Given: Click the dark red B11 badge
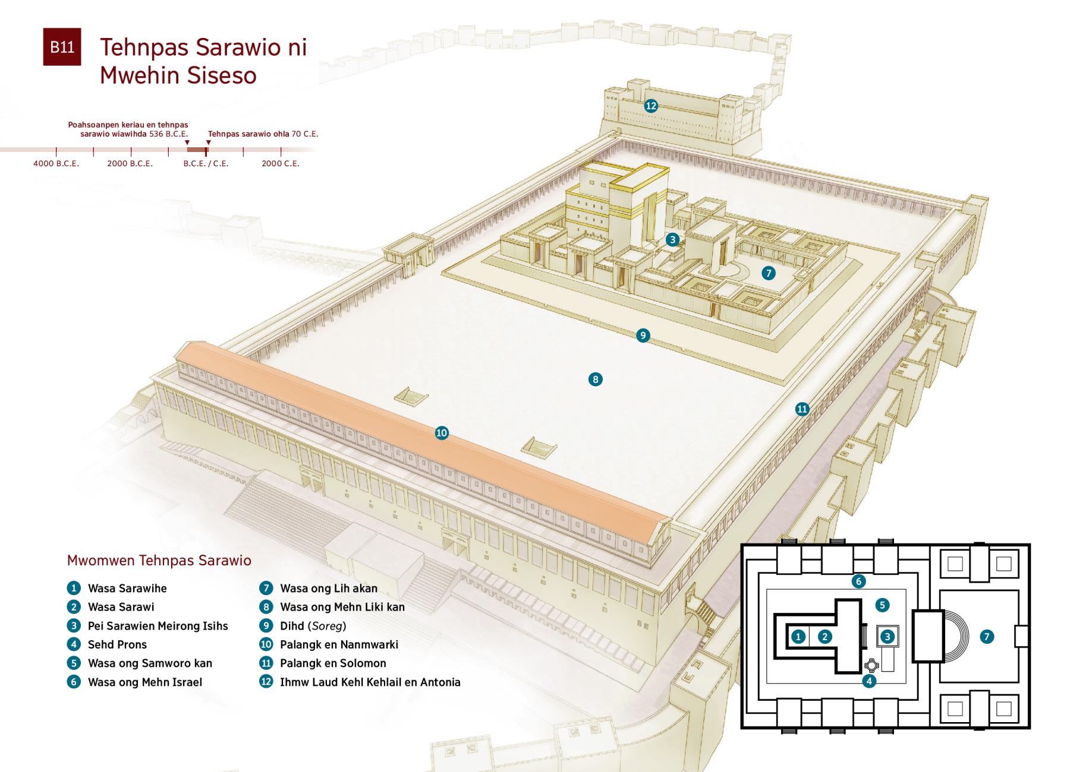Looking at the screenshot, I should coord(62,47).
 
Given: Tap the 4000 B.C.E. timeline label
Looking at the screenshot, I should coord(56,163).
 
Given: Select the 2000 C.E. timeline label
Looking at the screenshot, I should coord(281,163).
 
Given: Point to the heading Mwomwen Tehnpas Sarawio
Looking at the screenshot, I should coord(159,561).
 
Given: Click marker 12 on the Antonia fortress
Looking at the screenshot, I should coord(651,106).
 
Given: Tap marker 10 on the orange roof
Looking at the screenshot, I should coord(442,433).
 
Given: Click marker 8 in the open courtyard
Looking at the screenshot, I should coord(595,379).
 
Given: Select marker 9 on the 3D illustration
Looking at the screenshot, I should coord(643,336).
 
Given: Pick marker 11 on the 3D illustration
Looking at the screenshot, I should coord(802,409).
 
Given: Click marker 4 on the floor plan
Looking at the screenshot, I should coord(869,681).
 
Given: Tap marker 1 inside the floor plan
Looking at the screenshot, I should coord(798,637).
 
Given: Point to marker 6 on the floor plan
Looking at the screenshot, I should coord(858,581).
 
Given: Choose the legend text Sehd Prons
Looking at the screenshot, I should coord(117,645).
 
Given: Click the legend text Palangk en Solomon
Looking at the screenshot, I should coord(333,663).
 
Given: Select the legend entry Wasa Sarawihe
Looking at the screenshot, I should coord(127,589).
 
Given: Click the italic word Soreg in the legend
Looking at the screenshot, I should coord(328,626).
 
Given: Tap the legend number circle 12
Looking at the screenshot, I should coord(266,682).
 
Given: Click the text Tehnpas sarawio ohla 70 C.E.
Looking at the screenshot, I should coord(263,134).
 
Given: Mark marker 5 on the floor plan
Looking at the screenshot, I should coord(882,605).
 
